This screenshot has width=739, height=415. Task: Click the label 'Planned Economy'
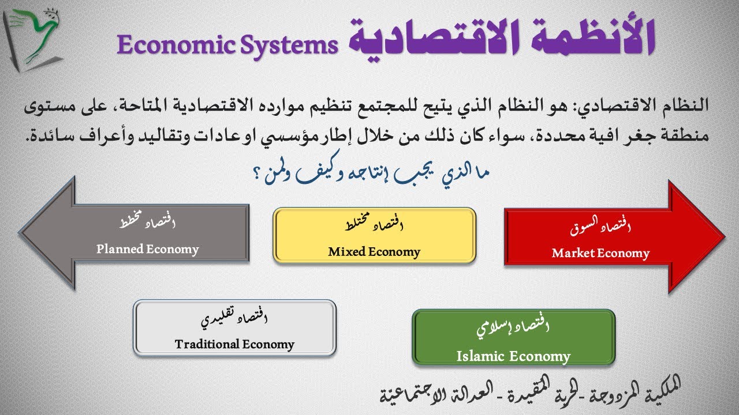(148, 250)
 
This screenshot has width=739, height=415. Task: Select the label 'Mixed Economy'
(374, 252)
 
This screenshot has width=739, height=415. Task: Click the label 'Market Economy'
(600, 253)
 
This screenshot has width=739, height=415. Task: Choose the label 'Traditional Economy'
(234, 345)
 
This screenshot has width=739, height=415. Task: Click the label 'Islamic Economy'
(513, 356)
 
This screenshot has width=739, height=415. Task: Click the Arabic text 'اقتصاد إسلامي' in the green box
(513, 329)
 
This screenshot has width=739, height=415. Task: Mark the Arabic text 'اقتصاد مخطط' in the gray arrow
(147, 222)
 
